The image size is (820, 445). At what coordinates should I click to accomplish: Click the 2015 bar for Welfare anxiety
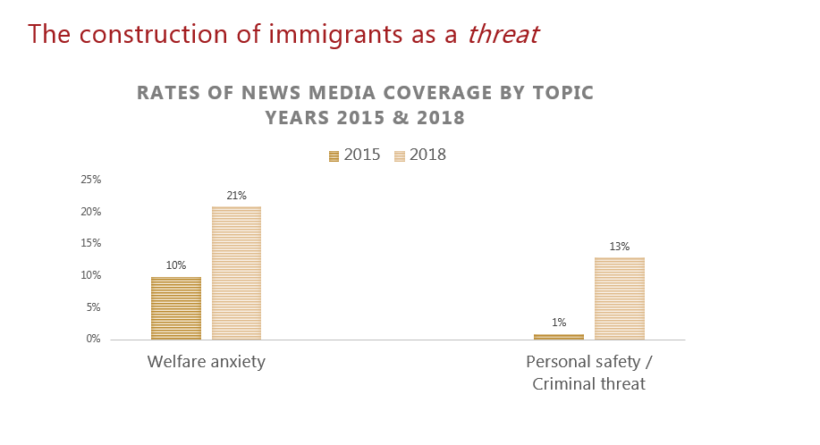pos(176,308)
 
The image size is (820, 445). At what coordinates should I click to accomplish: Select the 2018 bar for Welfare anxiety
pos(236,273)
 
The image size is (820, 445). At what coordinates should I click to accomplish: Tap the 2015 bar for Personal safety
pos(559,337)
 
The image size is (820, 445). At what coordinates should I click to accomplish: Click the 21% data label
pos(236,196)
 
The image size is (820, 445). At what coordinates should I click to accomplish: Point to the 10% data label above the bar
pos(176,265)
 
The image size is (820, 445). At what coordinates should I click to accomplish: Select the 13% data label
pos(619,247)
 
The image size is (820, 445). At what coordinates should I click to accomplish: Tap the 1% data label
pos(559,323)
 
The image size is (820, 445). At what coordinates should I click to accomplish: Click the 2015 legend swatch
pos(334,155)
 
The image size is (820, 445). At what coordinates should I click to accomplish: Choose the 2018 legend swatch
pos(400,155)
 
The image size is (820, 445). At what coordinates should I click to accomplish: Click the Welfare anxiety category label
pos(207,362)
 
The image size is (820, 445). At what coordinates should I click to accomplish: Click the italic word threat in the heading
pos(503,34)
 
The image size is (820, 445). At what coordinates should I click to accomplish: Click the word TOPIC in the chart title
pos(560,93)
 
